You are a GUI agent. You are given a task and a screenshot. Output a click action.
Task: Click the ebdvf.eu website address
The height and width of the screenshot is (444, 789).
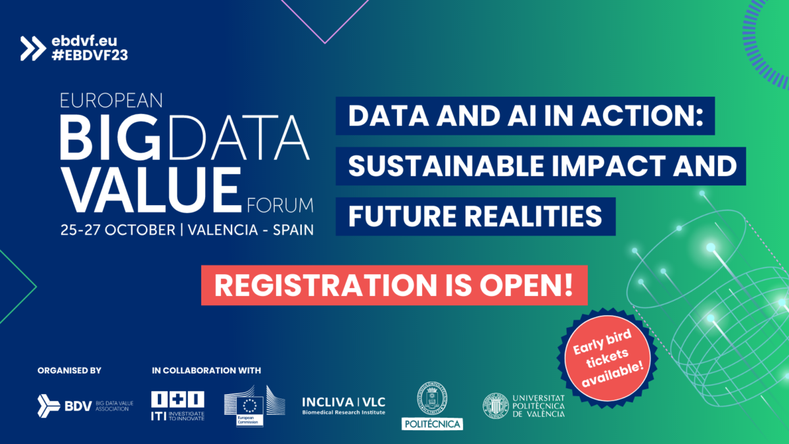84,41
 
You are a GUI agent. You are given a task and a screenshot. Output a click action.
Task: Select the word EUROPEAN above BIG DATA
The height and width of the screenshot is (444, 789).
110,101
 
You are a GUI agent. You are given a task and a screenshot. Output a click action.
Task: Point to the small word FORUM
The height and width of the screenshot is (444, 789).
281,206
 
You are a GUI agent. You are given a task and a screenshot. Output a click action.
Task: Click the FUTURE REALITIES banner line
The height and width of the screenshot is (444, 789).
475,216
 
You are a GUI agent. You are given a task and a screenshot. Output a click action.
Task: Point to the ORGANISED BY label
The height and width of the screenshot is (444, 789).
69,370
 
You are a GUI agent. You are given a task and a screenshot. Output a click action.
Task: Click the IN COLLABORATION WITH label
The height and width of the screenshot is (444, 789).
206,370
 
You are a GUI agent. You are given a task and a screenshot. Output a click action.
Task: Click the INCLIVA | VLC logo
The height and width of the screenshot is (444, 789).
343,405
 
